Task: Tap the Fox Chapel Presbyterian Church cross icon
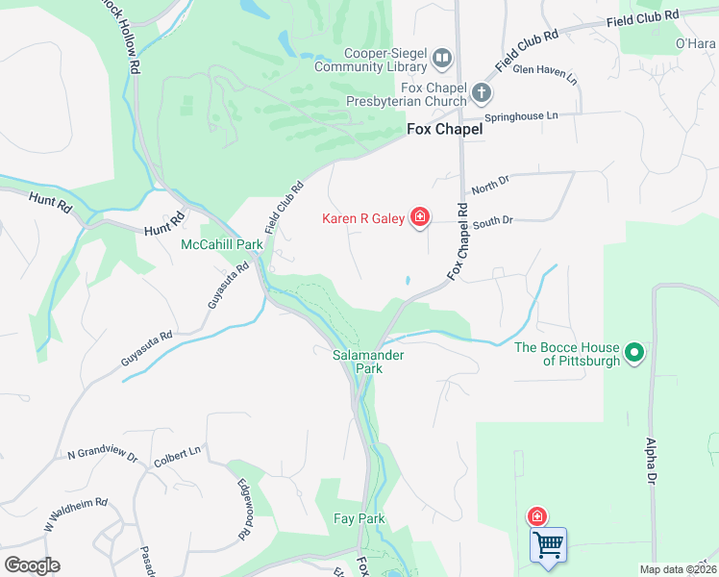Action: coord(481,94)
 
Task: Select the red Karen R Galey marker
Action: coord(419,217)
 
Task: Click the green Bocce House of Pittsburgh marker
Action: coord(633,354)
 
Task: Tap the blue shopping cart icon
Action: coord(548,545)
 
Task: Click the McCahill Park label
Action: coord(222,244)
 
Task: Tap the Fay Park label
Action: coord(359,519)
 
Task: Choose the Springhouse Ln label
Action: coord(521,116)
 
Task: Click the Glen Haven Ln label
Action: coord(546,74)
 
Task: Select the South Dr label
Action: coord(494,220)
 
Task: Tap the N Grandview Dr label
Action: coord(103,455)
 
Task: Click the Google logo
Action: coord(32,565)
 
